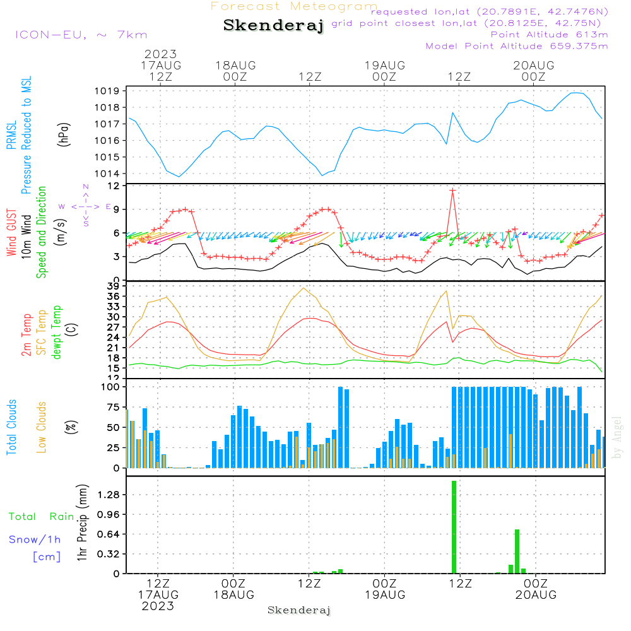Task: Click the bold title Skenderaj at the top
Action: tap(273, 26)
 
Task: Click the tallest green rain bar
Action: tap(454, 527)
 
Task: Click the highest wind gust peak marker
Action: tap(452, 190)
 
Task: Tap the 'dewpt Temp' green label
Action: tap(57, 333)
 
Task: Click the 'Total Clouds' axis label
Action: tap(11, 427)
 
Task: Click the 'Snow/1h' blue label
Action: tap(35, 540)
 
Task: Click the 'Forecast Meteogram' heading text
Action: tap(294, 6)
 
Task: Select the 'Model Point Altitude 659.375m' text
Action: tap(517, 46)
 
